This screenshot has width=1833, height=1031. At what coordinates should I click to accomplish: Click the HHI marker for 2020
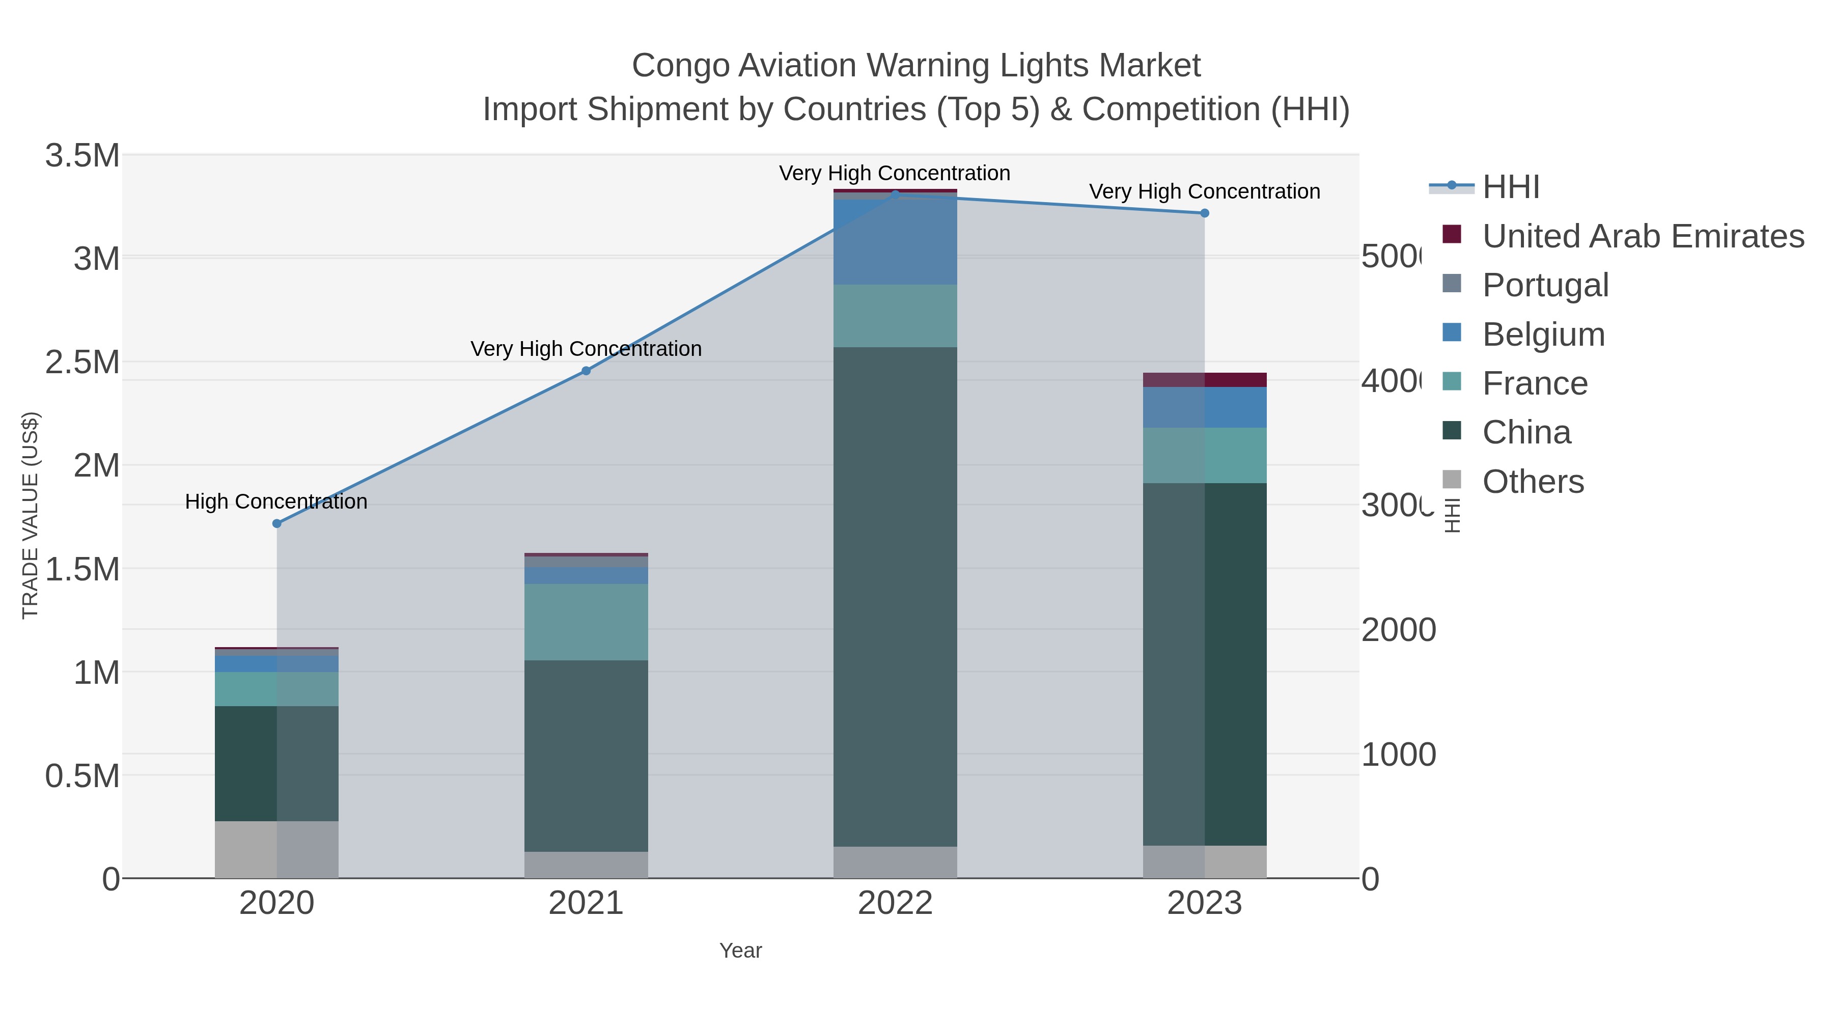point(277,524)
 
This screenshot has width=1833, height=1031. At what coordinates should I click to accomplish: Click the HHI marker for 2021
point(586,371)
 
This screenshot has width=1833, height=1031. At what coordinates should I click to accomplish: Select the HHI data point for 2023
point(1204,213)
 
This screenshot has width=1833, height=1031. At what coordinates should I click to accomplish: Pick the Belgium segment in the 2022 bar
point(895,242)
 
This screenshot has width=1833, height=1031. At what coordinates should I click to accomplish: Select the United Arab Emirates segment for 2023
point(1204,380)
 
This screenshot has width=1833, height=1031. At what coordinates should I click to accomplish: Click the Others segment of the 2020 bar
point(277,850)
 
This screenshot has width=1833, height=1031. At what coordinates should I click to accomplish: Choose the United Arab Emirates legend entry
point(1642,236)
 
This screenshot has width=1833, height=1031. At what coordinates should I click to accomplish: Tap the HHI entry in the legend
point(1510,187)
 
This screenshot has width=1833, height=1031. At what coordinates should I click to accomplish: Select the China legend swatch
point(1452,431)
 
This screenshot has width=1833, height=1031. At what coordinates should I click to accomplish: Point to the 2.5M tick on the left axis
point(82,362)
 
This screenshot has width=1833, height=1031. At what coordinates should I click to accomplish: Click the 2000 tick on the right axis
point(1398,630)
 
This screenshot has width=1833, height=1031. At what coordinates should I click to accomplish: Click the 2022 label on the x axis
point(895,904)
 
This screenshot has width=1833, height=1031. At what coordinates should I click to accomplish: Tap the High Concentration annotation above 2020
point(276,501)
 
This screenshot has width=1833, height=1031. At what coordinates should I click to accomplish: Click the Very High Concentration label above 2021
point(586,349)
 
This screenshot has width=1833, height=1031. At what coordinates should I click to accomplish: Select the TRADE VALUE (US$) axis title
point(30,515)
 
